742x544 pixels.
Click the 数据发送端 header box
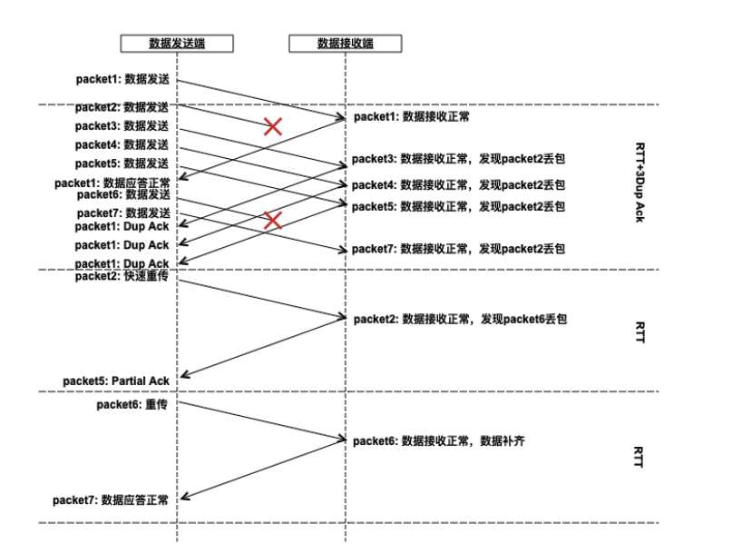pyautogui.click(x=177, y=43)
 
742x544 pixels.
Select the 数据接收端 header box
pyautogui.click(x=345, y=43)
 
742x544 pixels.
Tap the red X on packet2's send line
pyautogui.click(x=272, y=127)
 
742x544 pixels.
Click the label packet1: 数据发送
pyautogui.click(x=122, y=79)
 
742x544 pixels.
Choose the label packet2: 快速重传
pyautogui.click(x=122, y=276)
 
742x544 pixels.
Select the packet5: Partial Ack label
pyautogui.click(x=116, y=381)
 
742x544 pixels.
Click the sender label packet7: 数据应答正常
pyautogui.click(x=111, y=499)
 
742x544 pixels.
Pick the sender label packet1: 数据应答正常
pyautogui.click(x=112, y=183)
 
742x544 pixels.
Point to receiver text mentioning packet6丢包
pyautogui.click(x=460, y=319)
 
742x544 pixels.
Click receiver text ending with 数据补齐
pyautogui.click(x=439, y=441)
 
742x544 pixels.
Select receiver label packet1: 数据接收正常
pyautogui.click(x=412, y=117)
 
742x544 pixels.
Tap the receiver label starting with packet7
pyautogui.click(x=458, y=249)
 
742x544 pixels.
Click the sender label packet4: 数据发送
pyautogui.click(x=122, y=144)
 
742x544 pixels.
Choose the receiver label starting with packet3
pyautogui.click(x=458, y=160)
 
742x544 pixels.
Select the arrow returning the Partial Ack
pyautogui.click(x=263, y=346)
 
